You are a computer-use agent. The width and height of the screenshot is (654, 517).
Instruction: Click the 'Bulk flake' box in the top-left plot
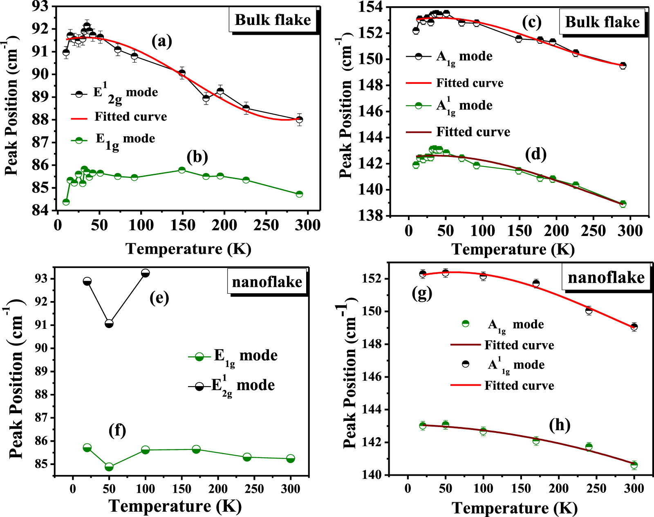point(273,20)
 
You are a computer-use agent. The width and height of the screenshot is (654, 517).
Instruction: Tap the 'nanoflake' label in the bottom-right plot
point(606,277)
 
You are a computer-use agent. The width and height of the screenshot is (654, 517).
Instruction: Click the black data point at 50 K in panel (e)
point(109,324)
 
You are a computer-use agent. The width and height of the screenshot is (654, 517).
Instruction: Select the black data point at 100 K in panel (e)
point(145,273)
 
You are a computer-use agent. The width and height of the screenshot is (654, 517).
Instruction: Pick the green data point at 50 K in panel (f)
point(109,467)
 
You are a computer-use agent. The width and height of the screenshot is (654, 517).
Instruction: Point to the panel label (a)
point(162,41)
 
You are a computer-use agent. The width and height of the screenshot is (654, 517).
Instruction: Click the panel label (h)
point(560,425)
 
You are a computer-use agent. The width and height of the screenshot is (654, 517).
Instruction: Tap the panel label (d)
point(536,154)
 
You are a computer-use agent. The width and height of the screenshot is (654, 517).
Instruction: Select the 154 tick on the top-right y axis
point(371,7)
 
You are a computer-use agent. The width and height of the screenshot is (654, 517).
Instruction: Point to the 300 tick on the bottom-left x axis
point(290,488)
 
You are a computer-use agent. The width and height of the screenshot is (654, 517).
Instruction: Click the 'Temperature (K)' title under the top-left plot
point(188,249)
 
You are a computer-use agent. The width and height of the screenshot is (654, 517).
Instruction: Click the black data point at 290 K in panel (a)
point(299,119)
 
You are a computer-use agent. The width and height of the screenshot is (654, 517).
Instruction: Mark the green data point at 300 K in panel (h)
point(634,465)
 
